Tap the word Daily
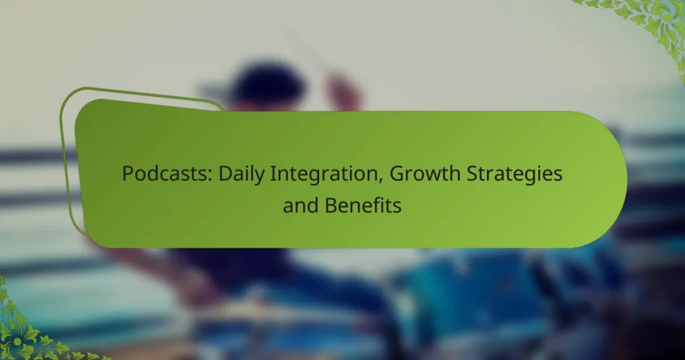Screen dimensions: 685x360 coord(241,175)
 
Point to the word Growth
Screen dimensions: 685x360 coord(425,174)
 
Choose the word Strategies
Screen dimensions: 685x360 coord(514,175)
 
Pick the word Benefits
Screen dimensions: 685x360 coord(363,205)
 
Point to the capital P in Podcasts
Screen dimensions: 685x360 coord(128,174)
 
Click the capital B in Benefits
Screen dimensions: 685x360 coord(330,205)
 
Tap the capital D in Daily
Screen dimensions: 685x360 coord(225,174)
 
